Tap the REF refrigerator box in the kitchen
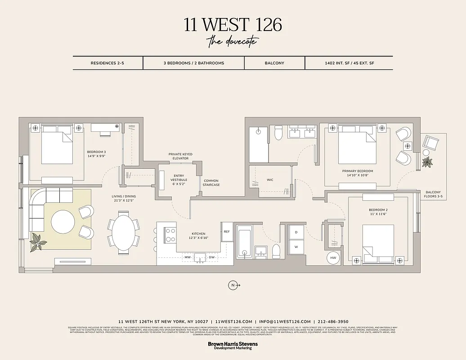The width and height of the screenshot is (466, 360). [x=226, y=231]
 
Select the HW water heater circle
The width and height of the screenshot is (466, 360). [x=333, y=258]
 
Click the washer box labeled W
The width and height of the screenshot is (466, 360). [x=296, y=247]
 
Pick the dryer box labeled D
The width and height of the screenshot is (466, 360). [x=296, y=232]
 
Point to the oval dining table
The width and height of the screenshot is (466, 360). [x=123, y=234]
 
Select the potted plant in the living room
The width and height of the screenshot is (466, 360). [x=38, y=243]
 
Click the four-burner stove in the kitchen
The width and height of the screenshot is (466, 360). [x=170, y=234]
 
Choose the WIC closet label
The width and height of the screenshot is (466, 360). [x=270, y=180]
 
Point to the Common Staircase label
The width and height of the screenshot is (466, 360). [x=211, y=183]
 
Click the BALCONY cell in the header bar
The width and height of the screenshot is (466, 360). [x=274, y=63]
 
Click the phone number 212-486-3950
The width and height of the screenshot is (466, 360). [x=333, y=321]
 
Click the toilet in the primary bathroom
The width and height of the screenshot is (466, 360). [x=278, y=133]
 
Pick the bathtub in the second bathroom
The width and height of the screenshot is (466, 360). [x=244, y=243]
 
